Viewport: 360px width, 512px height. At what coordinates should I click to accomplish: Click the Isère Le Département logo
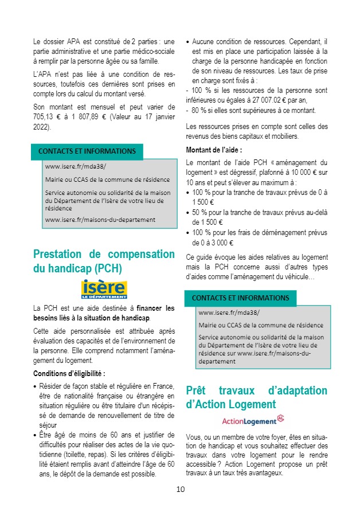(104, 290)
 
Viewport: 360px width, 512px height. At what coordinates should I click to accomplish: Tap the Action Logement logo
(253, 420)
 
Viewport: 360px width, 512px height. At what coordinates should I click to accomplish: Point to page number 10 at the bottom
(180, 489)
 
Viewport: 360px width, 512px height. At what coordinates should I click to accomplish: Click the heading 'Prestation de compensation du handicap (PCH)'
(104, 261)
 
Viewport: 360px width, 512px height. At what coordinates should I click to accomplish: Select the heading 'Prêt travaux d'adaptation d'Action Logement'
(256, 397)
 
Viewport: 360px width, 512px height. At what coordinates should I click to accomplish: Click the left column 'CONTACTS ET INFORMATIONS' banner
(87, 151)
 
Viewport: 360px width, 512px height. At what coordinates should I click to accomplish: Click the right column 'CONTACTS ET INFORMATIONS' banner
(240, 298)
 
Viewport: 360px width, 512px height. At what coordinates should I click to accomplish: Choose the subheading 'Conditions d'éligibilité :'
(69, 374)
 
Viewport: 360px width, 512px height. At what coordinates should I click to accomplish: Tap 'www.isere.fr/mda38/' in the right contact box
(228, 313)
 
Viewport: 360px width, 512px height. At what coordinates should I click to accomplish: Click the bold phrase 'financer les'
(155, 308)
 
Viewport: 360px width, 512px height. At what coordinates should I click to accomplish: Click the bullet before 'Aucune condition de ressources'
(189, 42)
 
